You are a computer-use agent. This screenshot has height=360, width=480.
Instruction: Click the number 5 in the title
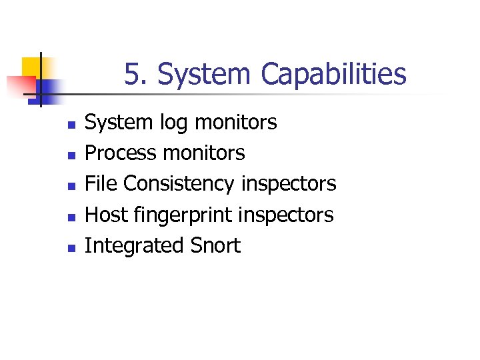[133, 74]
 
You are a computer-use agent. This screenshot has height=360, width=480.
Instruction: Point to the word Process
[121, 153]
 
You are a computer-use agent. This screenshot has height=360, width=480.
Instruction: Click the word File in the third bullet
[101, 183]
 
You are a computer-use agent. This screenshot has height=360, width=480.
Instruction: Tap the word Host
[103, 215]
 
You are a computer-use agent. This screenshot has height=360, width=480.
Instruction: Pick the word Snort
[215, 245]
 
